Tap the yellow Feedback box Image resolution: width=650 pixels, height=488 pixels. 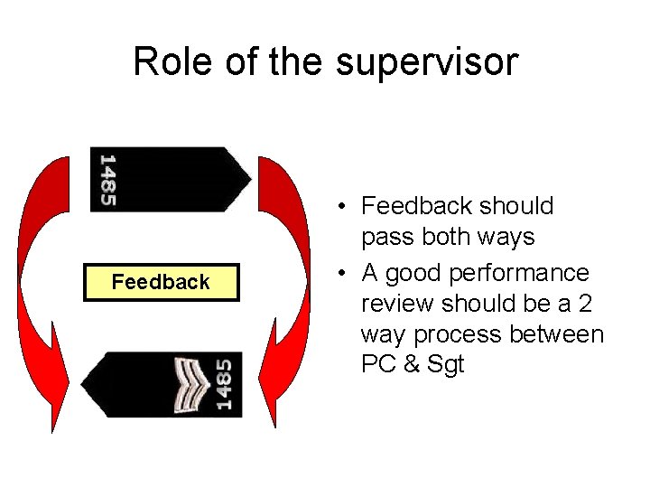tap(161, 282)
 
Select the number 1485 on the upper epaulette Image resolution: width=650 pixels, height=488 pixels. tap(107, 179)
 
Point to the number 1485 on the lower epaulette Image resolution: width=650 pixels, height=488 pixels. tap(223, 385)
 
